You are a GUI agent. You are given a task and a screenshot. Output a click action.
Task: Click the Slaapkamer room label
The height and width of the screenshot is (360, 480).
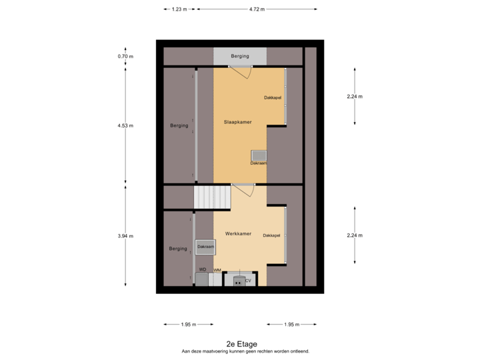click(237, 123)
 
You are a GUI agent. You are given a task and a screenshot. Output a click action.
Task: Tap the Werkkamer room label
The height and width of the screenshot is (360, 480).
click(238, 234)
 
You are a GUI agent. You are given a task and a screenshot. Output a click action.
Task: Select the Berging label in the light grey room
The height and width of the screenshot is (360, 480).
click(240, 56)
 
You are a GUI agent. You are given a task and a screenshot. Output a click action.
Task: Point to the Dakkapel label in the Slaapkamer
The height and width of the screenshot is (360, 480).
click(272, 98)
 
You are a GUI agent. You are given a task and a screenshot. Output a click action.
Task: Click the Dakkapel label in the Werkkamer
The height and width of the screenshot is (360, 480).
click(271, 235)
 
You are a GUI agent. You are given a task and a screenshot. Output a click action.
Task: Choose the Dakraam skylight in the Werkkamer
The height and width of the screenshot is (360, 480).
click(205, 247)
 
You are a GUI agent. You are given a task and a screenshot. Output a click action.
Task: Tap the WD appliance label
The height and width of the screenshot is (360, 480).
click(203, 269)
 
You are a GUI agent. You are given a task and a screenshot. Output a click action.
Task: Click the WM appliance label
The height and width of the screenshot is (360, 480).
click(217, 269)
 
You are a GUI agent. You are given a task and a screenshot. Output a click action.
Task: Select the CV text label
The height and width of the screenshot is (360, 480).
click(248, 281)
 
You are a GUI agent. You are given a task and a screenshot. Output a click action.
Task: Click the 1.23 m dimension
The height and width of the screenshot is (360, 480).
click(179, 9)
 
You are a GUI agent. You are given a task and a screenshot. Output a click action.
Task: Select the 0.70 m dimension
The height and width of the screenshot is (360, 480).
click(125, 57)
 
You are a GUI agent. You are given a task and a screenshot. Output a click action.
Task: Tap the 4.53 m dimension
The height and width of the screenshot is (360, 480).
click(125, 125)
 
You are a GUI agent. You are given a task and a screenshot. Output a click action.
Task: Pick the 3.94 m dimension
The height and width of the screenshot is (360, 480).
click(125, 236)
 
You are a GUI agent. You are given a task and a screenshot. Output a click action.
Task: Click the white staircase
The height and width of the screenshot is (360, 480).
click(211, 197)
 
